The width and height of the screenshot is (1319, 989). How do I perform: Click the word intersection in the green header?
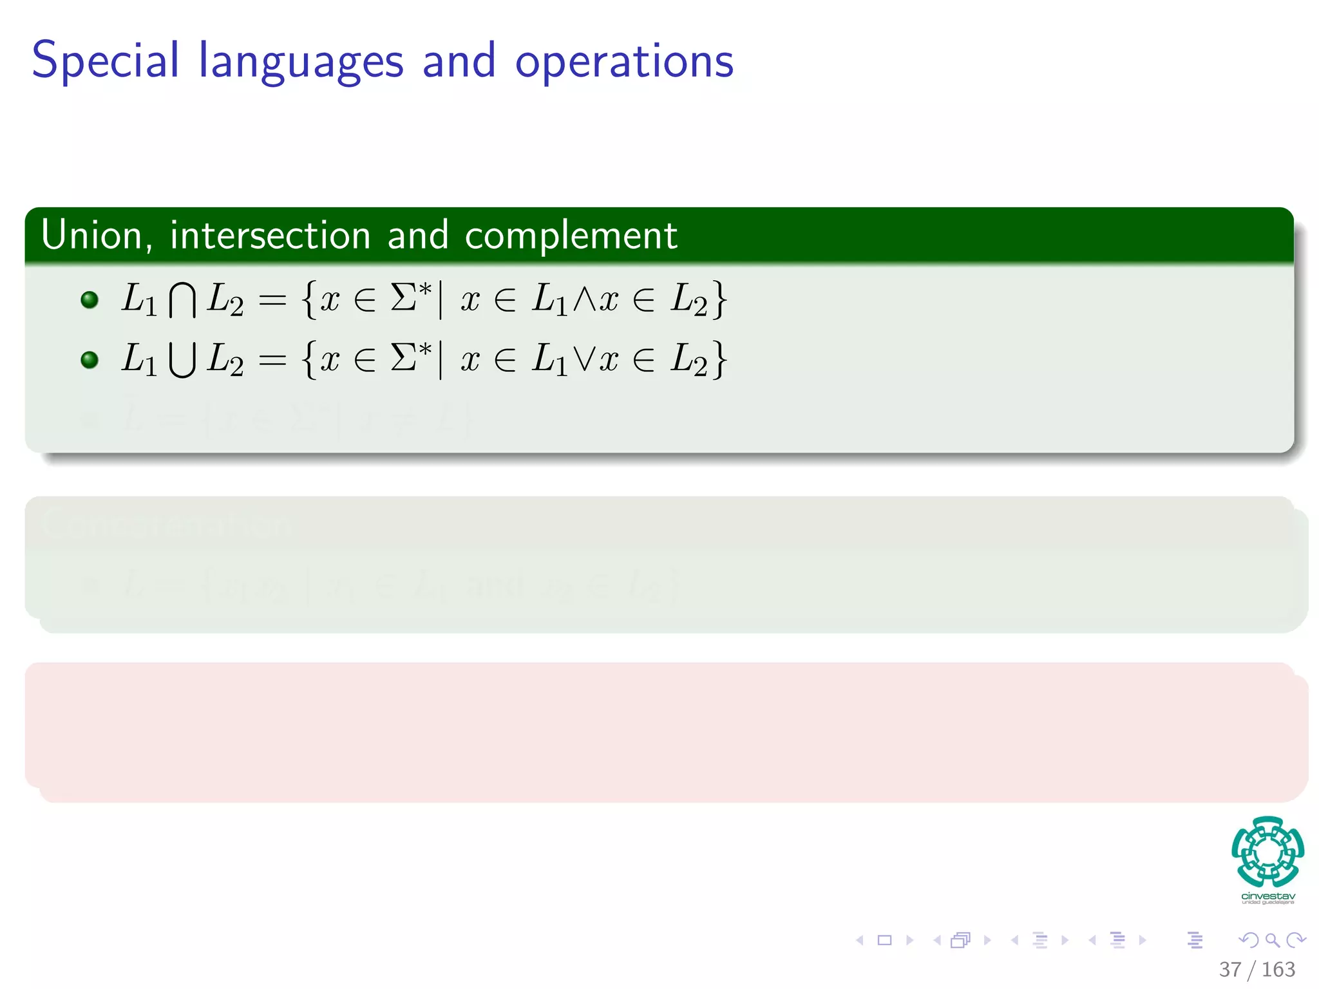[x=270, y=235]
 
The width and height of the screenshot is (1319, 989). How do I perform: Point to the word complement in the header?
[x=571, y=236]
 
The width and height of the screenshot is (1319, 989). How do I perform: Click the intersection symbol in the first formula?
[x=182, y=301]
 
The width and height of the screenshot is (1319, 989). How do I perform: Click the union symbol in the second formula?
[x=182, y=360]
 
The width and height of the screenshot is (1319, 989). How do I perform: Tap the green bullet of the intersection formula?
[x=90, y=299]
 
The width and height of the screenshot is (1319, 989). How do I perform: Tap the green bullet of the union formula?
[x=90, y=359]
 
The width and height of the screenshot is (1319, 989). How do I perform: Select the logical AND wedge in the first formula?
[x=584, y=299]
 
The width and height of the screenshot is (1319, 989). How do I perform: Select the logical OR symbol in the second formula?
[x=584, y=359]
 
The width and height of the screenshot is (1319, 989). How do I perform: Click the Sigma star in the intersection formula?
[x=411, y=297]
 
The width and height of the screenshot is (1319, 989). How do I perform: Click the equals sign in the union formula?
[x=272, y=360]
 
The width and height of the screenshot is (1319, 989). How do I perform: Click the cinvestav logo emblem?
[x=1267, y=852]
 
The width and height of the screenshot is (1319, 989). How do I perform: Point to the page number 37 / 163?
[x=1257, y=969]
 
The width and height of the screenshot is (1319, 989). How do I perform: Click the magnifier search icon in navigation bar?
[x=1272, y=940]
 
